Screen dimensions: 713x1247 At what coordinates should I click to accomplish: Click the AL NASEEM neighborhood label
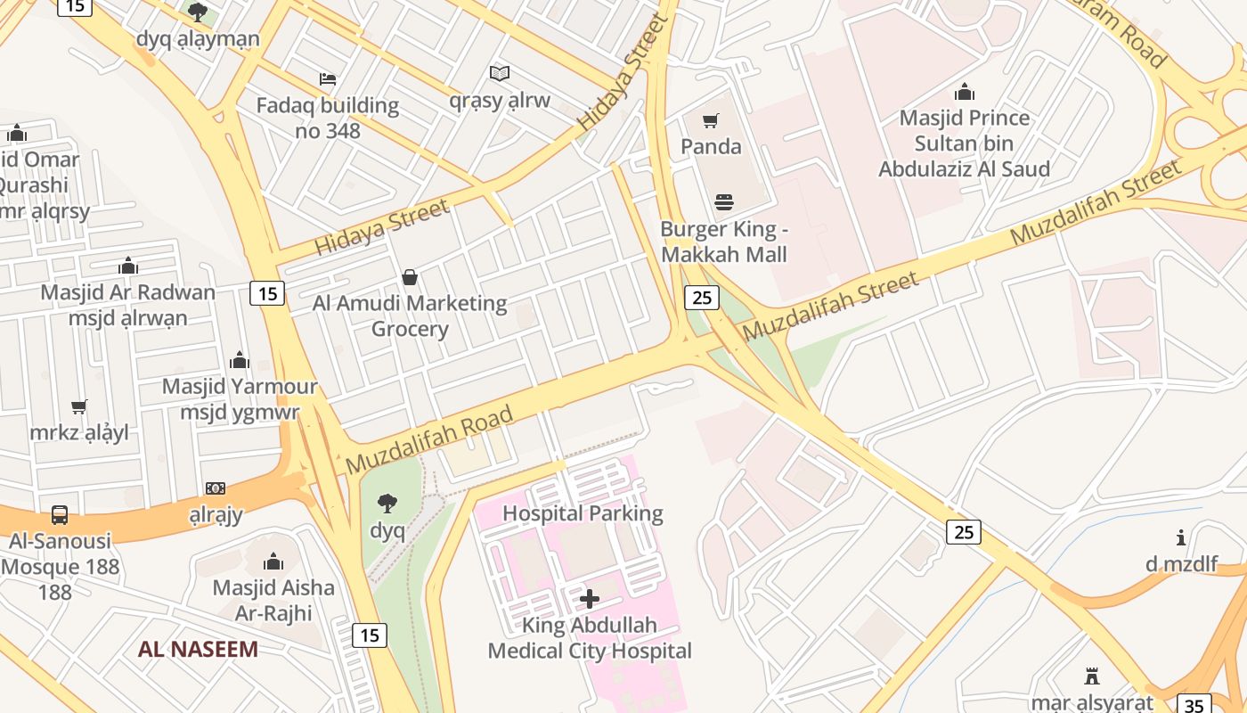click(x=198, y=649)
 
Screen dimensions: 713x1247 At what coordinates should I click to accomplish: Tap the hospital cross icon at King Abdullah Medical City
click(x=590, y=599)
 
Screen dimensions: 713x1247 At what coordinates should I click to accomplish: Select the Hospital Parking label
click(x=583, y=513)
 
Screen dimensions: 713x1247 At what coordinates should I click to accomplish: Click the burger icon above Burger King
click(x=724, y=202)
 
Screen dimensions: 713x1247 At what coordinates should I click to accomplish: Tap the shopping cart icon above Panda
click(x=711, y=120)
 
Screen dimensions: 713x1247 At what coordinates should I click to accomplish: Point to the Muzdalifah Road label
click(x=429, y=439)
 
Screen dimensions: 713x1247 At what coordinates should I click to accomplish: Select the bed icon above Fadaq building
click(x=328, y=79)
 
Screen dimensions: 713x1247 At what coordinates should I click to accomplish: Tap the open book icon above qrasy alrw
click(x=500, y=73)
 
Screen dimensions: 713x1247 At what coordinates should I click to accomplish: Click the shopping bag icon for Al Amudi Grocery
click(x=410, y=277)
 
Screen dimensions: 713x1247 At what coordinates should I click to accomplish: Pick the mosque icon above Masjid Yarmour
click(x=240, y=360)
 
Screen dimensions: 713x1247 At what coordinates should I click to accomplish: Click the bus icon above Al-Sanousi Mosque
click(x=60, y=514)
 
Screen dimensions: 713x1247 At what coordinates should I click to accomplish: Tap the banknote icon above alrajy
click(x=216, y=488)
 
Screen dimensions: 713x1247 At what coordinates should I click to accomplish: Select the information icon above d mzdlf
click(x=1181, y=537)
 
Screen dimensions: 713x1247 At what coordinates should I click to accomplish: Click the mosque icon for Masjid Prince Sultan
click(x=964, y=92)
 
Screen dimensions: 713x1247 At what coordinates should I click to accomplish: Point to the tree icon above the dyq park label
click(x=387, y=504)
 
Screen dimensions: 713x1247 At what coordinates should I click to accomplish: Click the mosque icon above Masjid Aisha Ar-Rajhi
click(x=273, y=561)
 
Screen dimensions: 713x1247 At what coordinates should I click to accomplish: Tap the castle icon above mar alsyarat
click(x=1091, y=676)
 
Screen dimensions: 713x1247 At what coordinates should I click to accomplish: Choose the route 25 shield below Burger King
click(x=702, y=297)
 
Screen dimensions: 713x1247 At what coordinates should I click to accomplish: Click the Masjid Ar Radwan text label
click(x=128, y=292)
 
